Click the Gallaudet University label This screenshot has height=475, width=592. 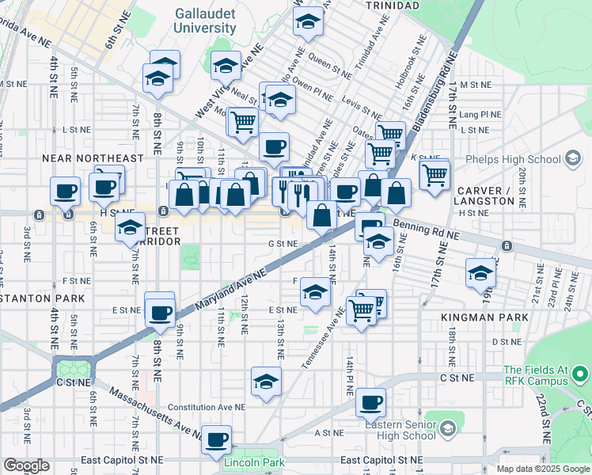[205, 21]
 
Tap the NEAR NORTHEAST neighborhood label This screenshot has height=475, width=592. [93, 158]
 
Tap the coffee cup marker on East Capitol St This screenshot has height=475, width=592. [216, 439]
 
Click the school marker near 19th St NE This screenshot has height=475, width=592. [480, 273]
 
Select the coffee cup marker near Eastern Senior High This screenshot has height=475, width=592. [370, 403]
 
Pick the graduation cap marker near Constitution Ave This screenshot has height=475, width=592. [267, 382]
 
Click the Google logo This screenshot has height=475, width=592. [26, 465]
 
